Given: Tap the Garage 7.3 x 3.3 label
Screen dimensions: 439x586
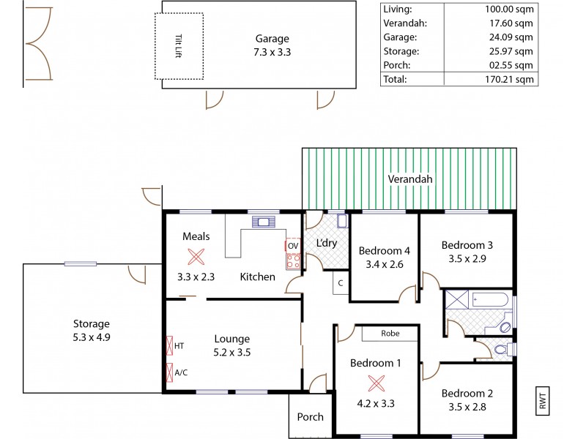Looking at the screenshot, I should click(272, 45).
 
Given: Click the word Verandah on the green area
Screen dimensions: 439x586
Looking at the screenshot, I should click(409, 179).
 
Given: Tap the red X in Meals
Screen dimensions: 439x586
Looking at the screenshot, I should click(195, 256).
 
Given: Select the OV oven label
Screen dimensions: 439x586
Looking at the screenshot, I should click(292, 246).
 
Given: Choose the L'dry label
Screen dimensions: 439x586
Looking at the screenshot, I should click(326, 242).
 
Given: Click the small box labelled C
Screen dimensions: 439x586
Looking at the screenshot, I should click(341, 283).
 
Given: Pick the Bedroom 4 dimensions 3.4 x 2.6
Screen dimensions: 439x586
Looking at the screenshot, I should click(380, 264).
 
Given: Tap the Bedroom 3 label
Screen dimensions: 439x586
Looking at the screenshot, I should click(465, 245).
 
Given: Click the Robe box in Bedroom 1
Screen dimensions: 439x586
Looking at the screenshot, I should click(390, 333).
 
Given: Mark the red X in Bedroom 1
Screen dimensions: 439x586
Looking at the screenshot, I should click(377, 381).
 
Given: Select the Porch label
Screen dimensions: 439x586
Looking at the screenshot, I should click(309, 417).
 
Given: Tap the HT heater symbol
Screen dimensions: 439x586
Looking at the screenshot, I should click(170, 345).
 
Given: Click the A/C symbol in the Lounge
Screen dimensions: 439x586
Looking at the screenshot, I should click(170, 372).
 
